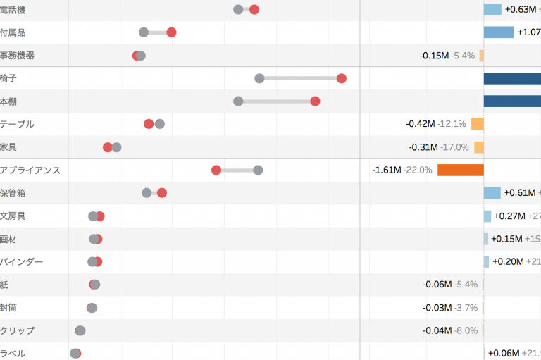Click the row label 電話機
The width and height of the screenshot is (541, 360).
pos(13,9)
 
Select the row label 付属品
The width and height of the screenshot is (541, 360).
pos(13,32)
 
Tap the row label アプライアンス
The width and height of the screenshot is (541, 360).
pos(30,170)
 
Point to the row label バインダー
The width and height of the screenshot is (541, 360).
pos(22,262)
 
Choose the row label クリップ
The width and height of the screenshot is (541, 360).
pos(18,330)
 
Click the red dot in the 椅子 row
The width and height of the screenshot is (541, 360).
pos(342,78)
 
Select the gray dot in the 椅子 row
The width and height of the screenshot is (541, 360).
pos(259,78)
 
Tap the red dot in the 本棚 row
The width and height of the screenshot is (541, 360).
pos(315,101)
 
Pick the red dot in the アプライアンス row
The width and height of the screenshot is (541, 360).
pos(216,170)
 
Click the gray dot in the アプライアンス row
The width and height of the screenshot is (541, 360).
pos(258,170)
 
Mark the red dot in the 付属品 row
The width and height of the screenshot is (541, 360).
pos(171,32)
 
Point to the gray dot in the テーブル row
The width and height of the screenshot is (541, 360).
pos(160,124)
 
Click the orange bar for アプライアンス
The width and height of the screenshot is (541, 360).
pos(460,170)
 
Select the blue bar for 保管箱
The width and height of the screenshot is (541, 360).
pos(492,193)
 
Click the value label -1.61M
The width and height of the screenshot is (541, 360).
pos(386,170)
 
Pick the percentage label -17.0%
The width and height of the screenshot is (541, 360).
pos(454,147)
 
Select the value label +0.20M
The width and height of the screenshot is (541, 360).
pos(508,262)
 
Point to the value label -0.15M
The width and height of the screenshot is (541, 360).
pos(434,56)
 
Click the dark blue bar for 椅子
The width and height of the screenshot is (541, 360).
pos(512,78)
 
